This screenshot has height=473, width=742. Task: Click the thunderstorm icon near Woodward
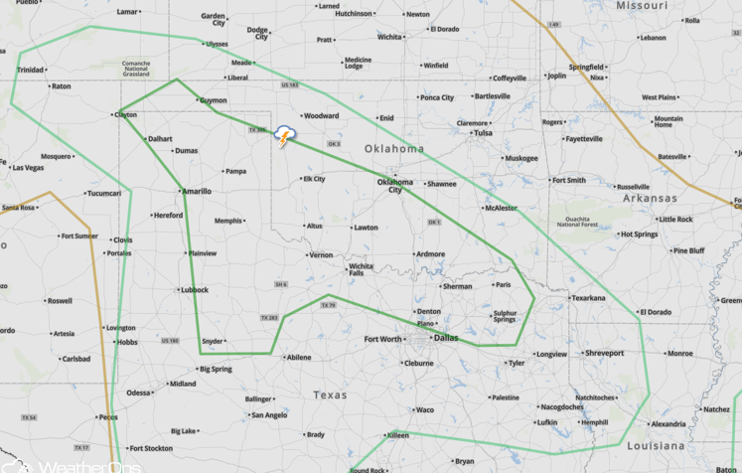[x=285, y=136]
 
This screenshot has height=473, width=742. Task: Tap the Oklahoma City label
[x=394, y=185]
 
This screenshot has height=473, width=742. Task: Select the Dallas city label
[x=445, y=338]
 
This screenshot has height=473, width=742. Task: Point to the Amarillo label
[x=195, y=191]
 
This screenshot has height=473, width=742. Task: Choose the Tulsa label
[x=483, y=132]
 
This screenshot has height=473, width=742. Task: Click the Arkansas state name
[x=650, y=198]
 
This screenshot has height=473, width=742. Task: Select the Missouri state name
[x=641, y=5]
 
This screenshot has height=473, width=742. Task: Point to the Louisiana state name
[x=657, y=446]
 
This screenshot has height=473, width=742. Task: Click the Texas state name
[x=330, y=394]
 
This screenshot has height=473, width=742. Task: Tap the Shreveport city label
[x=604, y=353]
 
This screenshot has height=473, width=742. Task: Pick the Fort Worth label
[x=383, y=340]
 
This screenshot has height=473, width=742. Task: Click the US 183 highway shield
[x=289, y=85]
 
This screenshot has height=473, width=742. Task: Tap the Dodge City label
[x=257, y=33]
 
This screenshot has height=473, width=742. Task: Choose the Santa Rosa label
[x=18, y=208]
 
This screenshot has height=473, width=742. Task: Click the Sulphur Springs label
[x=505, y=317]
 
